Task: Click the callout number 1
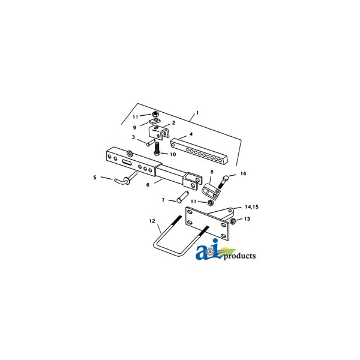(197, 113)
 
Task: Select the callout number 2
(173, 123)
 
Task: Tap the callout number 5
(95, 178)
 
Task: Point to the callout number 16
(244, 173)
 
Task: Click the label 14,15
(251, 207)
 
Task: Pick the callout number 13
(247, 219)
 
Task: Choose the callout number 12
(152, 221)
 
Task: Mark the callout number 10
(173, 154)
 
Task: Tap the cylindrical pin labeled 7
(183, 197)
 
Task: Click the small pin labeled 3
(151, 143)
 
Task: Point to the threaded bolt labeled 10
(157, 149)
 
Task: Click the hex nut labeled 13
(233, 221)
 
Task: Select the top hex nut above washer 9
(155, 114)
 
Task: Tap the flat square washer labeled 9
(154, 121)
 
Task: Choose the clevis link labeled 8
(211, 191)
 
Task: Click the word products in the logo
(239, 256)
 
